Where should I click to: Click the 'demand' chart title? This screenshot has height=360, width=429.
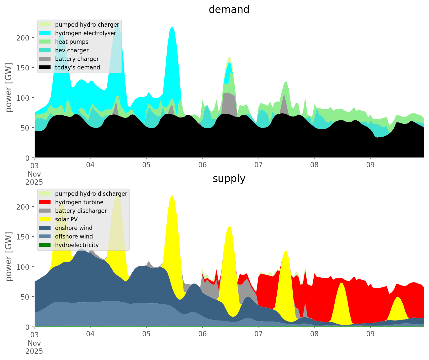(229, 10)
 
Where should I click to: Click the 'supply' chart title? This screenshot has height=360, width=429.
(229, 179)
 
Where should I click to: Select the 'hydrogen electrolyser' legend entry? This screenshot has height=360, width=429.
(85, 33)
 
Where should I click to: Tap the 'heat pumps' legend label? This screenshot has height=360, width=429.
(72, 42)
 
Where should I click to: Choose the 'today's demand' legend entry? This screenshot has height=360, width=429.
(77, 67)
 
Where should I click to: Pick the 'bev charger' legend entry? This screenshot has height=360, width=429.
(72, 50)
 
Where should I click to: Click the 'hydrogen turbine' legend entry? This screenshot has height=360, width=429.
(79, 202)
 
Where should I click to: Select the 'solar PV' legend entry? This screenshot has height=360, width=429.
(66, 219)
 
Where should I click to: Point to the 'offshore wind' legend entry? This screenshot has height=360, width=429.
(74, 236)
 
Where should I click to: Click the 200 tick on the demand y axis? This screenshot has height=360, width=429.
(25, 38)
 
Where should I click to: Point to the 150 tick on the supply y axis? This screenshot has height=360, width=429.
(25, 237)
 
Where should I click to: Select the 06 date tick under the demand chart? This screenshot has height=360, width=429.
(202, 165)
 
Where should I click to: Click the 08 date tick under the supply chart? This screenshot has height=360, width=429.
(314, 334)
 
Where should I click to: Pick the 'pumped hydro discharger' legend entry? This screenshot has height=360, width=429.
(91, 194)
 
